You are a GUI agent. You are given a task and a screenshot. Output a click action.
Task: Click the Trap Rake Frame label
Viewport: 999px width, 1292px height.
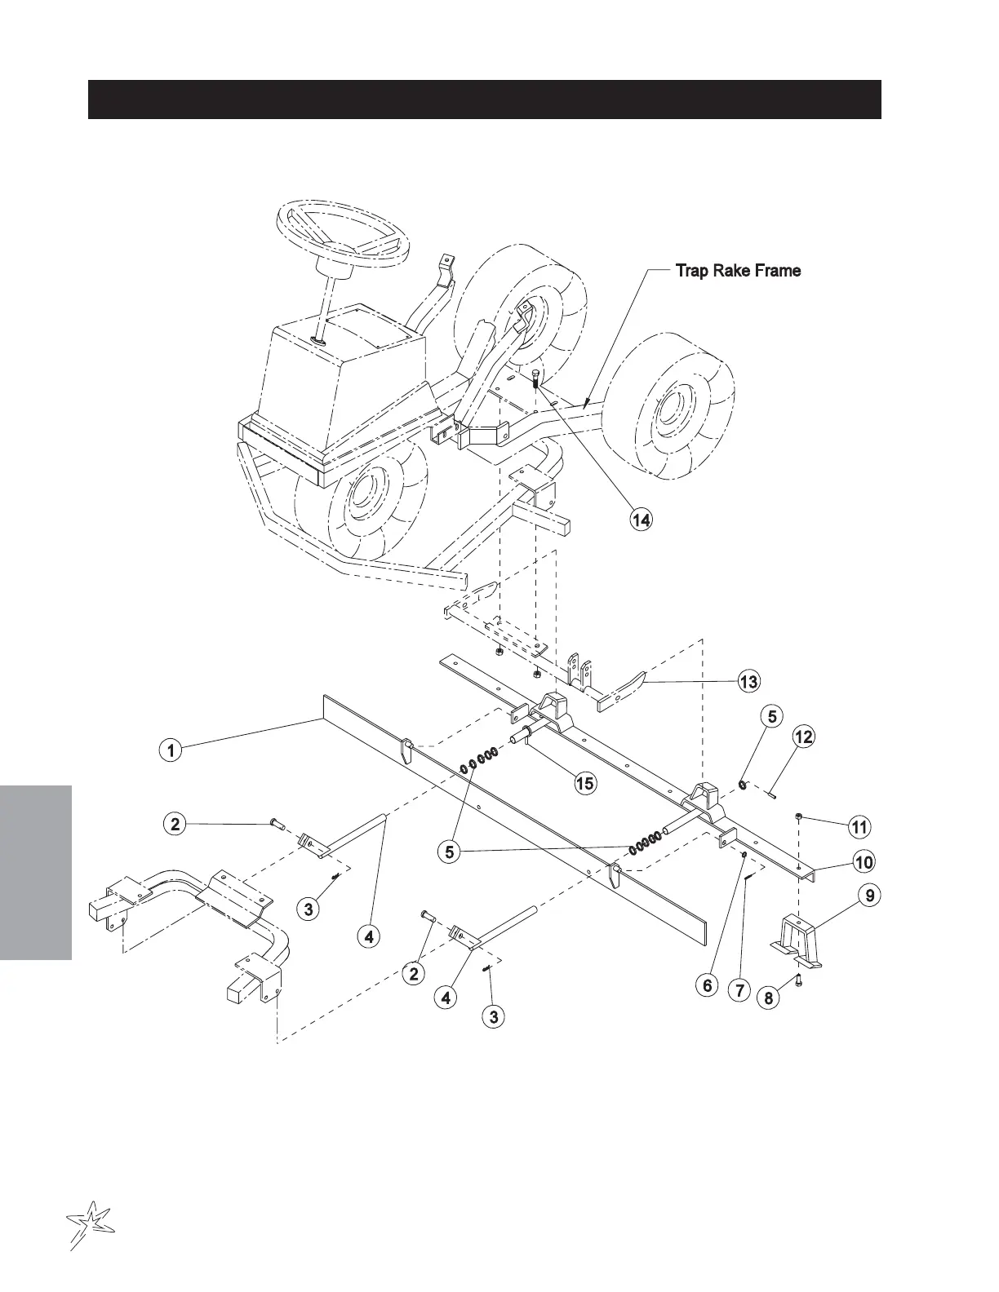tap(738, 271)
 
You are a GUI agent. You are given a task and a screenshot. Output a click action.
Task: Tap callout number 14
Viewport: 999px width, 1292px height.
tap(642, 520)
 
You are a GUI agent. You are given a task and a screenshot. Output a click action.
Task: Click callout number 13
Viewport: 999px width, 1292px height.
tap(748, 681)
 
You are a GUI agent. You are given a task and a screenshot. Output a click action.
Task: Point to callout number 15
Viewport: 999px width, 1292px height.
tap(584, 783)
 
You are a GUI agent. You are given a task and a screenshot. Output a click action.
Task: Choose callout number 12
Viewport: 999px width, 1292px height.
tap(804, 737)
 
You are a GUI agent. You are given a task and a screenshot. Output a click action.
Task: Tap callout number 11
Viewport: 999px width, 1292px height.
tap(859, 827)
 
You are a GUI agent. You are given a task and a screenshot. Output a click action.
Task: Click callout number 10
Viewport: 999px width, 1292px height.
tap(863, 861)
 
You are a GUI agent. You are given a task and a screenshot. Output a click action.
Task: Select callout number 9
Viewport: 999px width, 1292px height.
tap(870, 896)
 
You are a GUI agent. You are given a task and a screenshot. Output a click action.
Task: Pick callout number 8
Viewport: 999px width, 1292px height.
tap(768, 998)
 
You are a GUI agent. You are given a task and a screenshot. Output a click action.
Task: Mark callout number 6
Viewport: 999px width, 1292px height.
tap(708, 985)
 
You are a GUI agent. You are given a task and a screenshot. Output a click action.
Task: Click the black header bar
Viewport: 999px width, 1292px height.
tap(484, 100)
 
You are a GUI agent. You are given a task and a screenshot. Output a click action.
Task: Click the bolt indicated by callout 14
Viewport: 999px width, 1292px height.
tap(535, 380)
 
